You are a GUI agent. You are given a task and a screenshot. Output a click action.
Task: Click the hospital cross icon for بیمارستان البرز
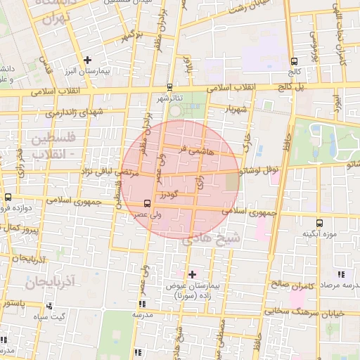tap(87, 60)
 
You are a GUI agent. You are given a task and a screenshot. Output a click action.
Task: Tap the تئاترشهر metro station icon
tap(169, 88)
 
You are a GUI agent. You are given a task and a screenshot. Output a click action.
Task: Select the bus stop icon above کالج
tap(293, 61)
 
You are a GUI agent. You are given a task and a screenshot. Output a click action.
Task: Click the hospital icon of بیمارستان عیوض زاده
tap(192, 274)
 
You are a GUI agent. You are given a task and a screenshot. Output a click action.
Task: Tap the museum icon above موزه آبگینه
tap(320, 223)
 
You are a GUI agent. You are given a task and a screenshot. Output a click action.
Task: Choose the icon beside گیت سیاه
tap(49, 306)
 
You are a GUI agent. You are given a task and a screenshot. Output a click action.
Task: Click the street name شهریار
tap(237, 110)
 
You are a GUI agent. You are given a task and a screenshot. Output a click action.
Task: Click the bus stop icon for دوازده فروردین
tap(8, 198)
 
